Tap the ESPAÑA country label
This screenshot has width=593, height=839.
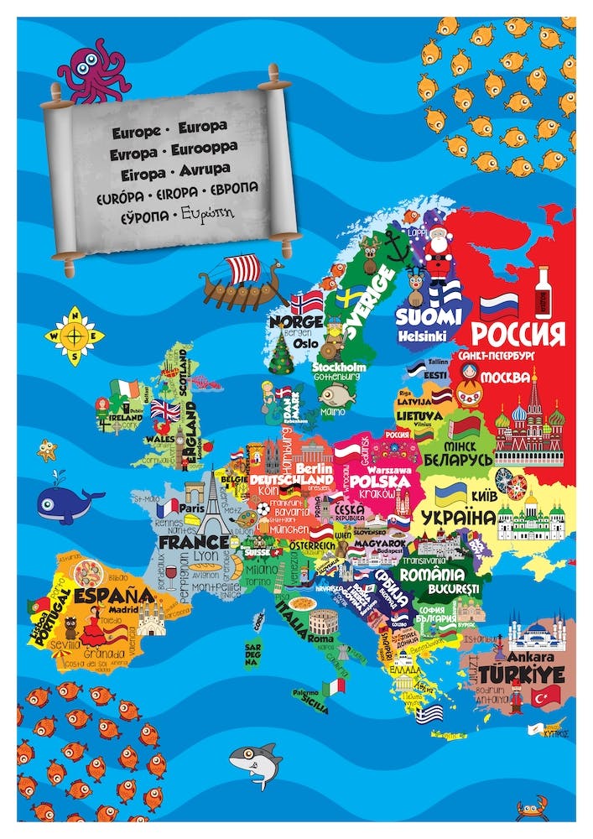[112, 595]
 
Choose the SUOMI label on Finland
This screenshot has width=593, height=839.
[429, 316]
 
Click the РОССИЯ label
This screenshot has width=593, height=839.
[518, 334]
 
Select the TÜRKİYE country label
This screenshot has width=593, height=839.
[533, 674]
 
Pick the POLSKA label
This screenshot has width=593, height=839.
[380, 481]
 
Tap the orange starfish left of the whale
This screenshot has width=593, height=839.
[48, 450]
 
